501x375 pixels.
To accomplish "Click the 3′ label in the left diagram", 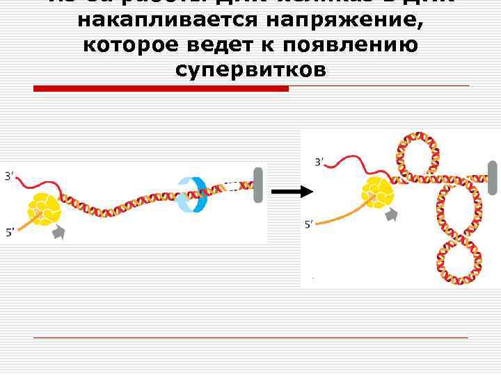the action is click(x=10, y=176).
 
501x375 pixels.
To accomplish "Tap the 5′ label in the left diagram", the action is click(x=10, y=233).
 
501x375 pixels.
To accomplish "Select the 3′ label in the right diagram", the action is click(x=319, y=162).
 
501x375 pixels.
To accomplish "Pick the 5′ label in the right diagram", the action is click(x=310, y=224).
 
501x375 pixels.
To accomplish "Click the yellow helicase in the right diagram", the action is click(x=377, y=192).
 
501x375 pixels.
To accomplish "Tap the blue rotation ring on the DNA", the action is click(x=192, y=194).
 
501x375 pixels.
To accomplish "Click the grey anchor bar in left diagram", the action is click(x=258, y=184).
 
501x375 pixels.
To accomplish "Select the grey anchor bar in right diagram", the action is click(x=493, y=178).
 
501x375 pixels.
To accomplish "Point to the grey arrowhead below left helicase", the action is click(x=58, y=233).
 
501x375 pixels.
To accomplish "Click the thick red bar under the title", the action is click(x=161, y=89).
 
